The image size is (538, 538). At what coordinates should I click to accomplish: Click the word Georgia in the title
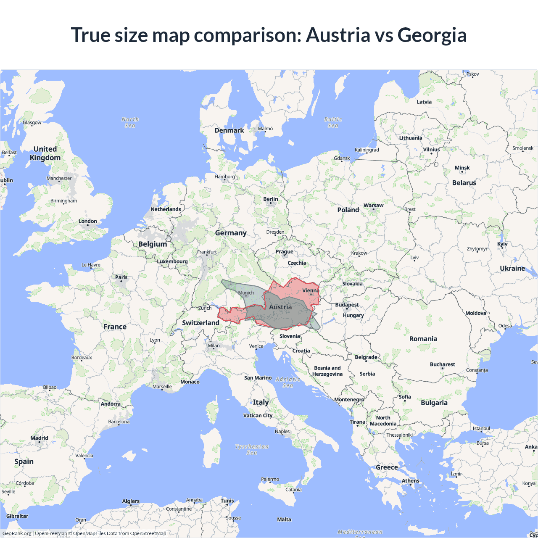pyautogui.click(x=432, y=35)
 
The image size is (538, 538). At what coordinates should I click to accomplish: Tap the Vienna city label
pyautogui.click(x=311, y=290)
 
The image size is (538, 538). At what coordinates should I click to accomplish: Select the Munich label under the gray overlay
pyautogui.click(x=246, y=293)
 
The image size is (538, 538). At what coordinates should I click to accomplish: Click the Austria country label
pyautogui.click(x=280, y=307)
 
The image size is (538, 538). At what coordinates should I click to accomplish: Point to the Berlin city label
pyautogui.click(x=271, y=199)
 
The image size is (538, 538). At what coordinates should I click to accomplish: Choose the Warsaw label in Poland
pyautogui.click(x=373, y=206)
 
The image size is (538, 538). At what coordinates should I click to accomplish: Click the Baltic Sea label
pyautogui.click(x=333, y=122)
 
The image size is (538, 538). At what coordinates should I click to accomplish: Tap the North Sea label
pyautogui.click(x=130, y=122)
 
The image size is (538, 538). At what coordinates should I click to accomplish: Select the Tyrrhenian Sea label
pyautogui.click(x=252, y=449)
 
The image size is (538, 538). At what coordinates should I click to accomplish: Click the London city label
pyautogui.click(x=87, y=221)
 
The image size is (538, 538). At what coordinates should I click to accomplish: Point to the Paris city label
pyautogui.click(x=121, y=277)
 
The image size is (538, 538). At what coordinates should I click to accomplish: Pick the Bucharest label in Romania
pyautogui.click(x=442, y=364)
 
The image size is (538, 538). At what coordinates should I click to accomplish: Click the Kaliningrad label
pyautogui.click(x=367, y=150)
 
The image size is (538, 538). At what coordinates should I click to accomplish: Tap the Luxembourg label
pyautogui.click(x=172, y=261)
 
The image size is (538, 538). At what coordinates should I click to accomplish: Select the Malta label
pyautogui.click(x=284, y=520)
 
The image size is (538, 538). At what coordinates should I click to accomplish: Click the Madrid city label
pyautogui.click(x=39, y=438)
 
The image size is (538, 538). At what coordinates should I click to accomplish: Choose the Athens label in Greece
pyautogui.click(x=410, y=480)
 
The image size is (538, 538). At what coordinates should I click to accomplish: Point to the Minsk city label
pyautogui.click(x=462, y=168)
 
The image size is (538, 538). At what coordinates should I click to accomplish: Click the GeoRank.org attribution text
pyautogui.click(x=17, y=533)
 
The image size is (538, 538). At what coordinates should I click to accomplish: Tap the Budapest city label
pyautogui.click(x=347, y=305)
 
